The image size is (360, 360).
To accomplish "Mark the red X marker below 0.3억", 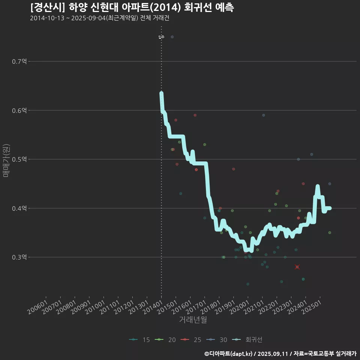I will (x=297, y=267).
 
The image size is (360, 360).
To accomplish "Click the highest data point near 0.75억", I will (x=172, y=37).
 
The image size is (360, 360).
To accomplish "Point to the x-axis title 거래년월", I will (x=193, y=320).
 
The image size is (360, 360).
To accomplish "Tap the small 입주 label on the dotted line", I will (x=161, y=37).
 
